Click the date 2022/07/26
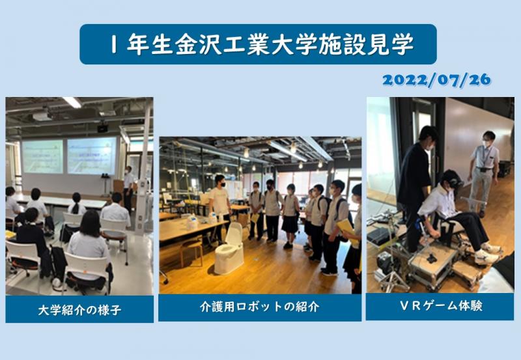click(x=436, y=81)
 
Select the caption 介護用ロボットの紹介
click(x=259, y=307)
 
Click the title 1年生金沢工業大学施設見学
click(x=258, y=44)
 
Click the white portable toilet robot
click(x=230, y=248)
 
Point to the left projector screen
click(x=42, y=156)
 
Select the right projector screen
click(x=91, y=155)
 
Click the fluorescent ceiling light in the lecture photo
click(x=72, y=102)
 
